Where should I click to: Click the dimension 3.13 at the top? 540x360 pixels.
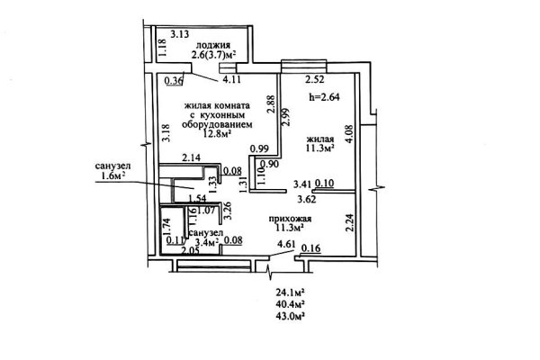(179, 34)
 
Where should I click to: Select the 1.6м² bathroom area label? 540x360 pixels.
(111, 176)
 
